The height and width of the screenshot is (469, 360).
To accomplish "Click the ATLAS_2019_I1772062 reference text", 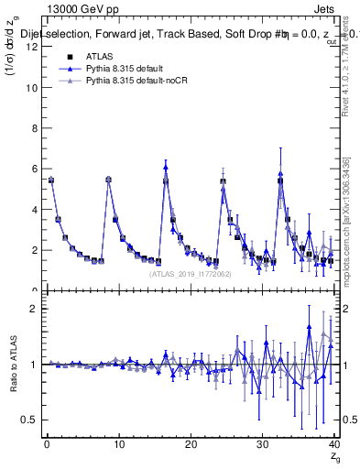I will [x=190, y=273].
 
